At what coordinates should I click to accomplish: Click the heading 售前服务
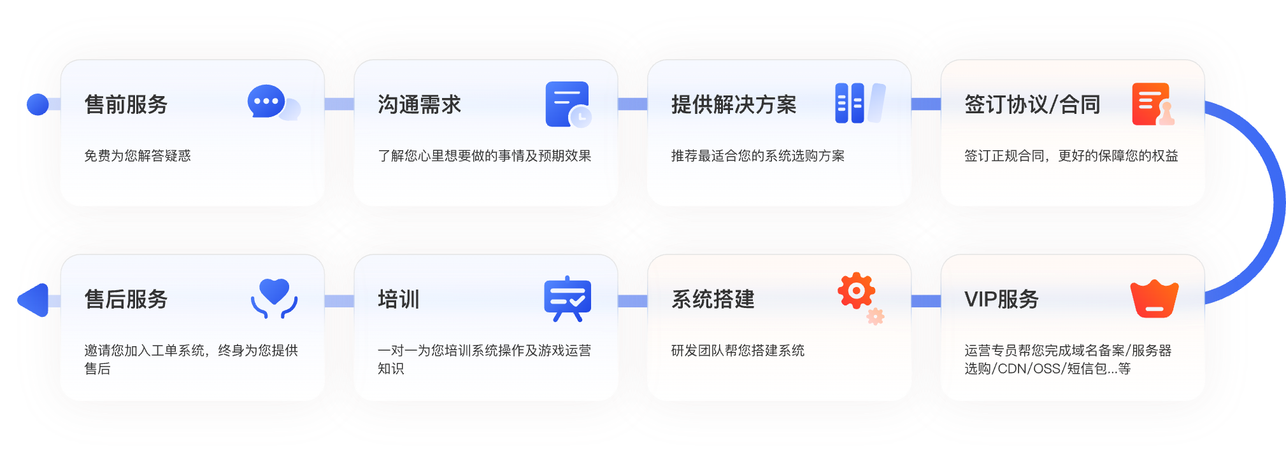126,104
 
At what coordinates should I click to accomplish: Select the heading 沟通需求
419,104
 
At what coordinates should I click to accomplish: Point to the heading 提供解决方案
734,104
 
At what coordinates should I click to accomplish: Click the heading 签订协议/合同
1032,104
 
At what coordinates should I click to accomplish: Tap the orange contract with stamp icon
1152,104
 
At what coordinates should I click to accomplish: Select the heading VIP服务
1001,299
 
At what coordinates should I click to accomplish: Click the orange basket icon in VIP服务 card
1154,299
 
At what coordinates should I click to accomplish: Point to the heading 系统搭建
713,299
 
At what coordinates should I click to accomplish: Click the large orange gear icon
856,291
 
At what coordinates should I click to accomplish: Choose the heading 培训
399,299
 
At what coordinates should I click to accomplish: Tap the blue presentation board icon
568,298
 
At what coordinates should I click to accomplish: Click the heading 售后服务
126,299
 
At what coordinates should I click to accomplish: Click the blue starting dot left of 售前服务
38,104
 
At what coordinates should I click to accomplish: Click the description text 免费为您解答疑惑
138,156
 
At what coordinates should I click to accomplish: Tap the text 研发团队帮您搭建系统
738,351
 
